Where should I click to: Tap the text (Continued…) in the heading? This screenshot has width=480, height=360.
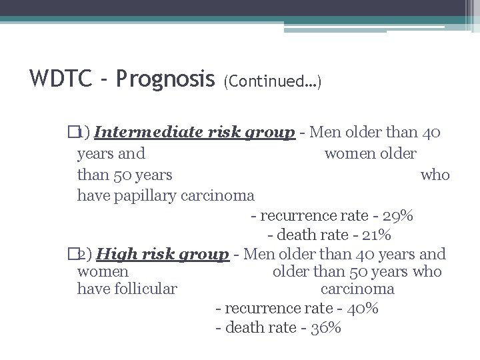(273, 81)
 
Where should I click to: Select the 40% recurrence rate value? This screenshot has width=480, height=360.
(363, 309)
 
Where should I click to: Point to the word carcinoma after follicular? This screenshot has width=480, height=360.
(357, 289)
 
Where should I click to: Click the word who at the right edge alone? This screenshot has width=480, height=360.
(435, 175)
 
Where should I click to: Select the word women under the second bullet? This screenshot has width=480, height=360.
(103, 271)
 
